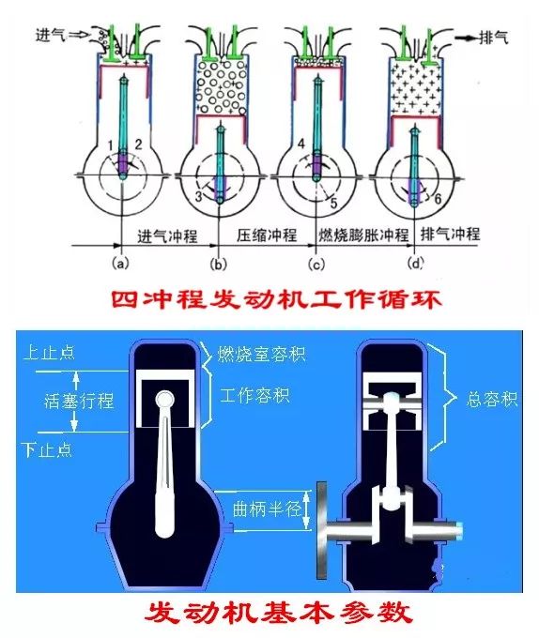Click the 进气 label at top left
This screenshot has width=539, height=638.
point(51,35)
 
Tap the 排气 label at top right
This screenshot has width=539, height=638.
point(494,38)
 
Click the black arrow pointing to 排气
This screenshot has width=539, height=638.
point(466,38)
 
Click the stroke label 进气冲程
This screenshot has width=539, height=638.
point(167,236)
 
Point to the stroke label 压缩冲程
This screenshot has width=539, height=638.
point(267,235)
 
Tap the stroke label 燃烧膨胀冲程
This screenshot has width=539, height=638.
point(363,235)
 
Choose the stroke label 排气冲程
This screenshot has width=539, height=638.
point(450,234)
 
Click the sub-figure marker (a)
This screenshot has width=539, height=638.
point(120,264)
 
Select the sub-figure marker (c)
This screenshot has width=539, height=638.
point(316,265)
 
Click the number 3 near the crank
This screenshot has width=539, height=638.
point(198,196)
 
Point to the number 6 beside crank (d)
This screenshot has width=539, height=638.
point(438,199)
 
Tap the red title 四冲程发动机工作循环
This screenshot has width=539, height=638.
point(276,300)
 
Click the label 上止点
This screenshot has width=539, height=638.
point(49,353)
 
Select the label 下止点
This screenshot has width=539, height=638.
point(47,449)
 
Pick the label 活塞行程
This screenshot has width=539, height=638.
point(79,402)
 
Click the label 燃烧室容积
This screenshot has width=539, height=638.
point(261,354)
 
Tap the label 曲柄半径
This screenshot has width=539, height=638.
point(267,509)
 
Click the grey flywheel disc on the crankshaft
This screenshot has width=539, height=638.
point(322,530)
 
